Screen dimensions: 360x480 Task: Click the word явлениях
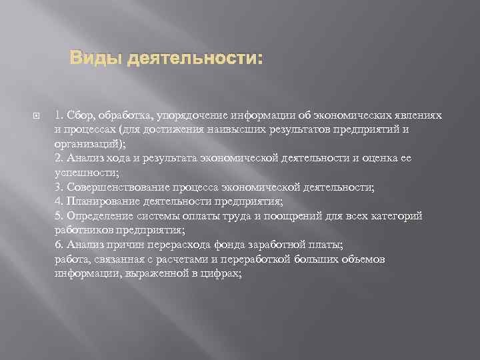coord(418,115)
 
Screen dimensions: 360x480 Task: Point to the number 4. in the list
coord(59,201)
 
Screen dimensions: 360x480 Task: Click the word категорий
coord(395,216)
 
